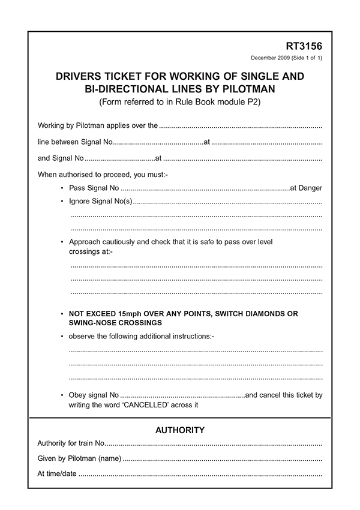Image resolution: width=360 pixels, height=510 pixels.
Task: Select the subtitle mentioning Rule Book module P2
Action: click(x=180, y=101)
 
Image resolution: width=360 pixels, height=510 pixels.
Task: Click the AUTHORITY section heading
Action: click(x=180, y=430)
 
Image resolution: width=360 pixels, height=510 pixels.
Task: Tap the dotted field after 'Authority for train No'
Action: click(x=214, y=444)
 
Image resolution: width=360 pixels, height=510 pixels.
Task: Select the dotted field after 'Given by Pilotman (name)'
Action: click(x=222, y=459)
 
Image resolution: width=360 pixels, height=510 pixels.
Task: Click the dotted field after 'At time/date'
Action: click(x=200, y=474)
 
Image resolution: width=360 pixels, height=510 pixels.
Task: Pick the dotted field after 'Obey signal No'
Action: click(x=182, y=396)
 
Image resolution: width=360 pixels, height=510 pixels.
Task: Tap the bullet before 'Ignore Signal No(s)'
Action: click(x=62, y=200)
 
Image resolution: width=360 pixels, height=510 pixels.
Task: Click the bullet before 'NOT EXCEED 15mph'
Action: click(x=62, y=314)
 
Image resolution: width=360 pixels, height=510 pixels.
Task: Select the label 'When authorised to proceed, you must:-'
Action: click(x=103, y=175)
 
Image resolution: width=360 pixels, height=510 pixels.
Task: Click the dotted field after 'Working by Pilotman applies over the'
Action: click(x=241, y=127)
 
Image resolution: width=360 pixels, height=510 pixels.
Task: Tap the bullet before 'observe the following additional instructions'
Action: click(x=62, y=336)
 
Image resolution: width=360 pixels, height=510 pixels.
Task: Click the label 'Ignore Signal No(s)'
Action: click(x=100, y=200)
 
